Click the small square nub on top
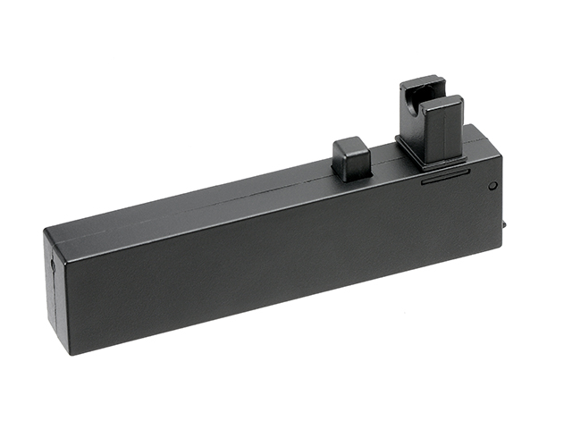point(350,159)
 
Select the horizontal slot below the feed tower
point(443,177)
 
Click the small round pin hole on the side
point(492,186)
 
